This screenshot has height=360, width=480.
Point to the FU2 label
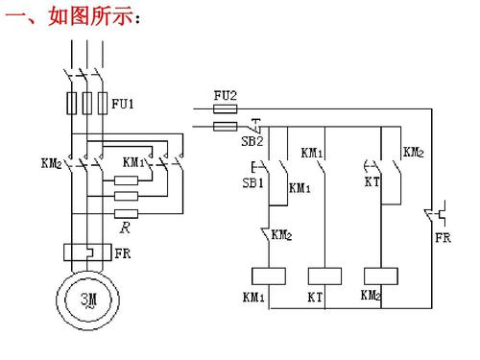click(x=224, y=95)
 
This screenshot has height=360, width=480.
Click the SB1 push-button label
click(x=252, y=183)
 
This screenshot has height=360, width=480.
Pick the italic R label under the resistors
click(x=126, y=228)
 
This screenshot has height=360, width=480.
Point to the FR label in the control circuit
click(x=443, y=238)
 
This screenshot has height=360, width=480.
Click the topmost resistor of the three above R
click(x=127, y=180)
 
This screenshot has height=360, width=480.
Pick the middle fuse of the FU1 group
click(x=85, y=104)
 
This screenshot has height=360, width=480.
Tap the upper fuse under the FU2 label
click(x=224, y=109)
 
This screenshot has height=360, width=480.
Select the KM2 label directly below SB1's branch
click(x=282, y=233)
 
